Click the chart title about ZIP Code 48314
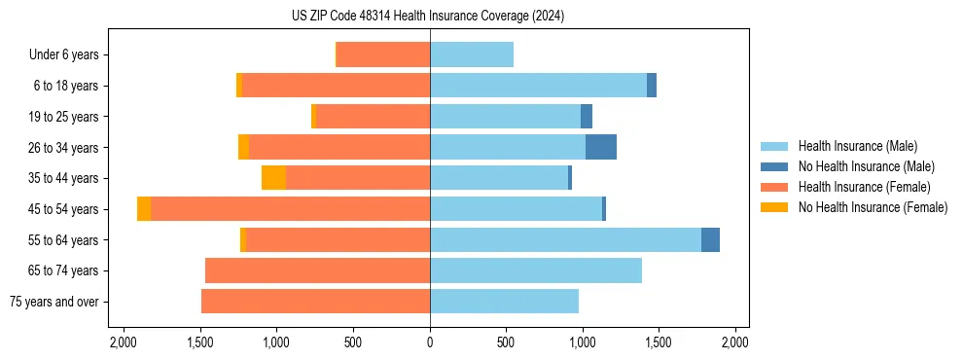[428, 17]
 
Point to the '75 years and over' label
[53, 302]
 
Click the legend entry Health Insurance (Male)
[857, 146]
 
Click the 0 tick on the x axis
[430, 342]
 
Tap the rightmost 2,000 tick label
[734, 342]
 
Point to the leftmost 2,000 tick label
[124, 342]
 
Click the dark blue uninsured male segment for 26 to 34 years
[601, 147]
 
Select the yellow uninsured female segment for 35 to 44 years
[273, 178]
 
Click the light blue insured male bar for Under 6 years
[472, 54]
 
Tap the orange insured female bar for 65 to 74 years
[317, 270]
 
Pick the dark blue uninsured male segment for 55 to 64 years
[710, 239]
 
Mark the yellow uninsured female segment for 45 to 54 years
[144, 209]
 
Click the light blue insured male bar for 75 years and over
[504, 302]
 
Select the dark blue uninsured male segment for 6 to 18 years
[652, 86]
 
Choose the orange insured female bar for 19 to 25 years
[373, 117]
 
